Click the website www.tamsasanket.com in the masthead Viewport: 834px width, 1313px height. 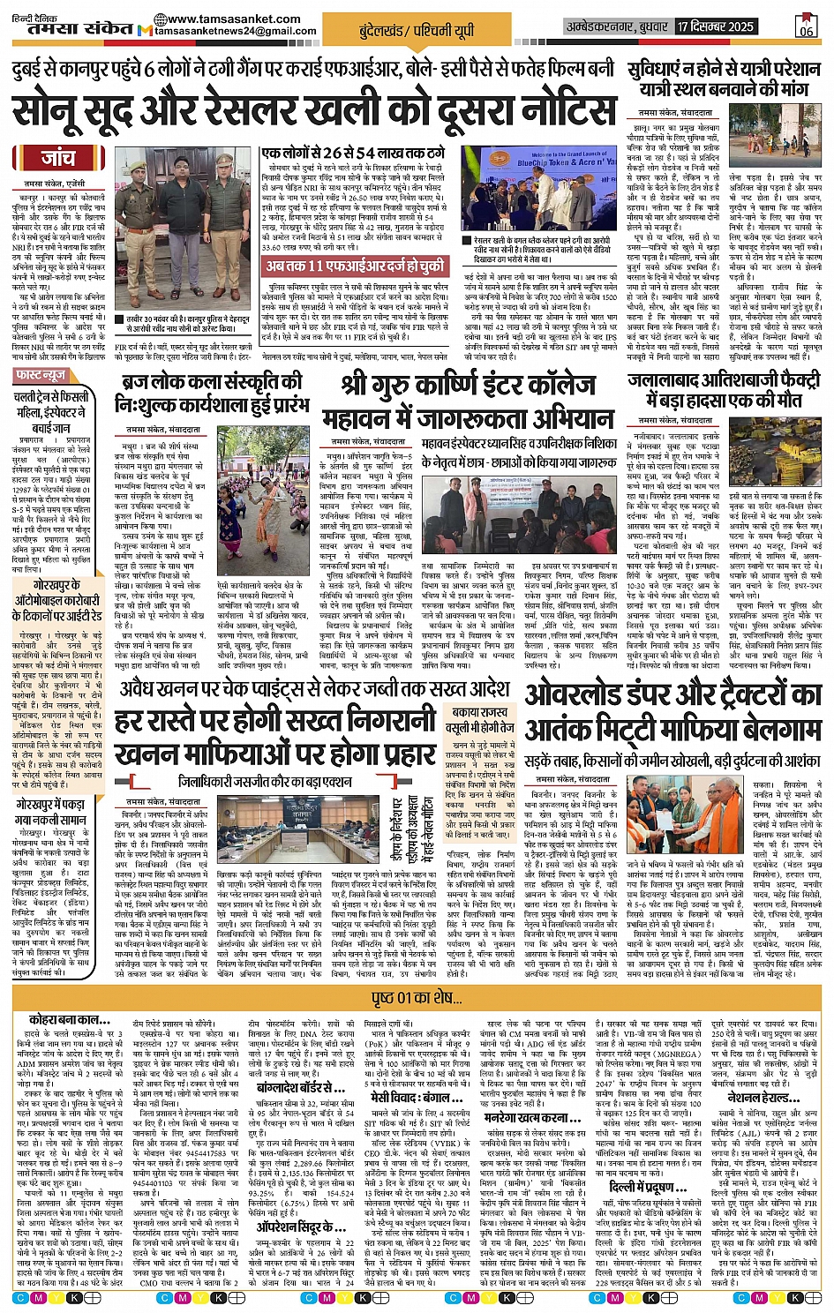233,19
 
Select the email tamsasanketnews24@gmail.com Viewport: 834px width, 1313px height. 235,32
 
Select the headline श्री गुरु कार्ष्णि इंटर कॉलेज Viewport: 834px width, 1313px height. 468,386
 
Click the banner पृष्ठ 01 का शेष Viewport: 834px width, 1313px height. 417,998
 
